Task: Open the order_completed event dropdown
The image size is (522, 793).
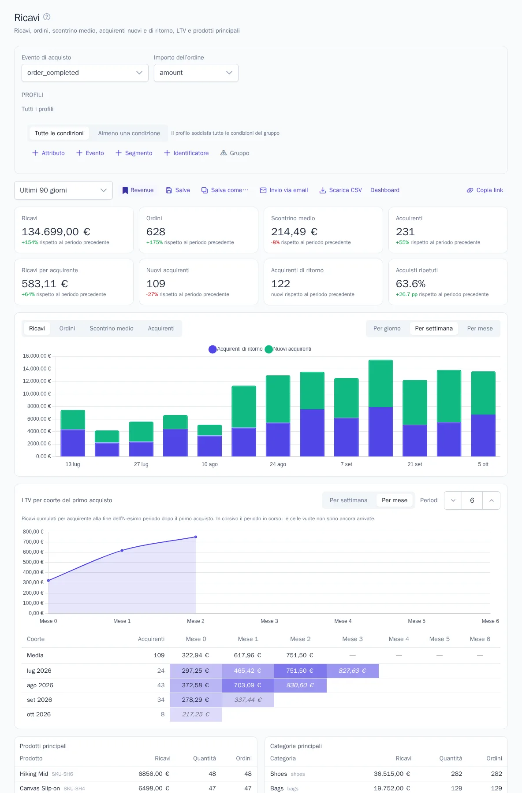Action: [x=85, y=73]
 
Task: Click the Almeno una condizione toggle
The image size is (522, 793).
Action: [x=129, y=133]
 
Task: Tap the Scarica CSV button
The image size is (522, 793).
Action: [x=340, y=190]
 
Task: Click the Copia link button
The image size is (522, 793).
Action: [x=485, y=190]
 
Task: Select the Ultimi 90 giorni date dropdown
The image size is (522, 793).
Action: [x=63, y=190]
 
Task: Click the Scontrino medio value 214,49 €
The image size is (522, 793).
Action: [x=294, y=232]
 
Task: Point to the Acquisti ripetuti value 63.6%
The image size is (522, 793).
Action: [x=410, y=284]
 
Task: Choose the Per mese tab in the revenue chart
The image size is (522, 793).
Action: [x=480, y=328]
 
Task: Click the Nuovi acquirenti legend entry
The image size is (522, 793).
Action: [x=288, y=349]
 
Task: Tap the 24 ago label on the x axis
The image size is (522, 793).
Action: [x=278, y=464]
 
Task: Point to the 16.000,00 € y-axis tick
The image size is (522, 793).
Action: [x=37, y=356]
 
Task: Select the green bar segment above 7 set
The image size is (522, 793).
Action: [x=347, y=398]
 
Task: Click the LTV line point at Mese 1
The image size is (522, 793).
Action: [x=122, y=550]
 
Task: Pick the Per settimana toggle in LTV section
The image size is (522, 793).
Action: [x=348, y=500]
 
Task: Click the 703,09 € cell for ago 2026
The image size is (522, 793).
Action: [x=248, y=686]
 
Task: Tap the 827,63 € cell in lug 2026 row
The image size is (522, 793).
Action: [x=352, y=671]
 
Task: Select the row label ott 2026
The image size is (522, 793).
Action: [x=39, y=715]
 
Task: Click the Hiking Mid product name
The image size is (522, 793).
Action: [x=34, y=774]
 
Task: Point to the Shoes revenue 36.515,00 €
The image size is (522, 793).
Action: [x=392, y=774]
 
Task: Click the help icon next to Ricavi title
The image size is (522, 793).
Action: [x=47, y=17]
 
